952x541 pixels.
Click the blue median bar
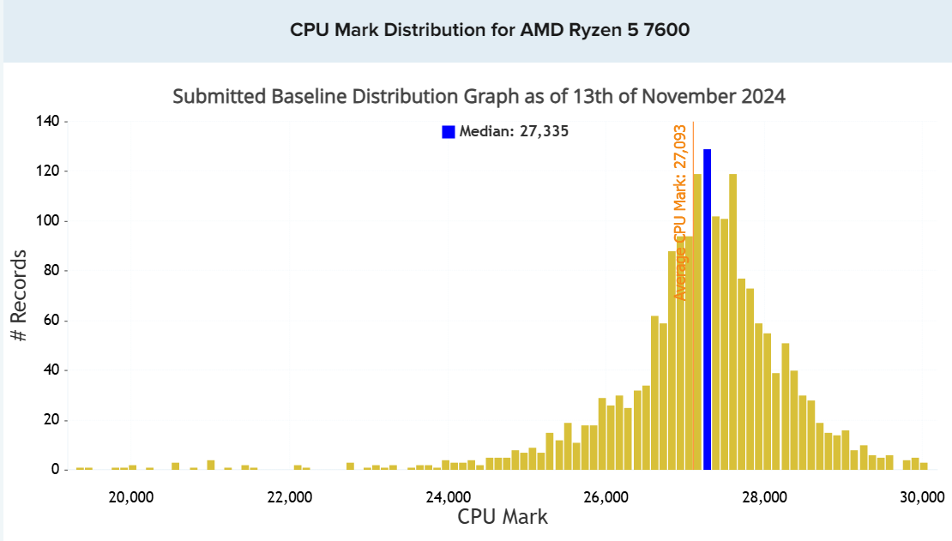click(x=708, y=309)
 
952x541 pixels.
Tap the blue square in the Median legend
click(x=448, y=132)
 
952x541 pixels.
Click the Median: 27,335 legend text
click(x=514, y=132)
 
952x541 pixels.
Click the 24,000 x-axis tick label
click(x=449, y=497)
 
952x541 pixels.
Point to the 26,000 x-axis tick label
click(x=606, y=497)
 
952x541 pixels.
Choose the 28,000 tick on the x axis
click(x=765, y=497)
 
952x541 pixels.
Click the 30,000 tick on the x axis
click(x=923, y=497)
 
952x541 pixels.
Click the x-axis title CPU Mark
click(x=502, y=517)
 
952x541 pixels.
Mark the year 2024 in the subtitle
click(x=763, y=96)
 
